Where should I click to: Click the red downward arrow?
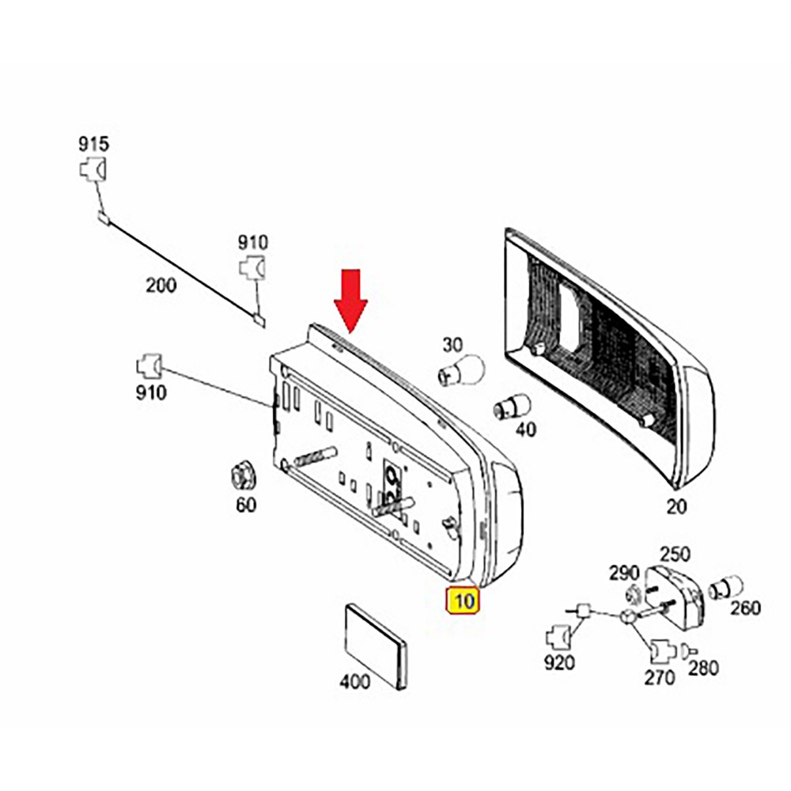350,301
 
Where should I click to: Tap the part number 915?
93,144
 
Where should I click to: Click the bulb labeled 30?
460,370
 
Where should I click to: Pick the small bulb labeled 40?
511,406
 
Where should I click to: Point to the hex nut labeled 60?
243,477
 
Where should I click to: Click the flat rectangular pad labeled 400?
376,647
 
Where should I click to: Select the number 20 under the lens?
676,506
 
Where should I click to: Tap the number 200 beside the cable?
161,286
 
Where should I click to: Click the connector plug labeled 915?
93,169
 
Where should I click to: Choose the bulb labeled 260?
725,589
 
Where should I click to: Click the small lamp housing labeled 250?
674,598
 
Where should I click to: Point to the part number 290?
624,573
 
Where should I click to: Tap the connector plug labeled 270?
663,651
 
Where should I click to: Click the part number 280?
703,668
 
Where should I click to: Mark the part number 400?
354,682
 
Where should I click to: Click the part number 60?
246,505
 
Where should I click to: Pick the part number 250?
675,554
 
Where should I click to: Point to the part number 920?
559,663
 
